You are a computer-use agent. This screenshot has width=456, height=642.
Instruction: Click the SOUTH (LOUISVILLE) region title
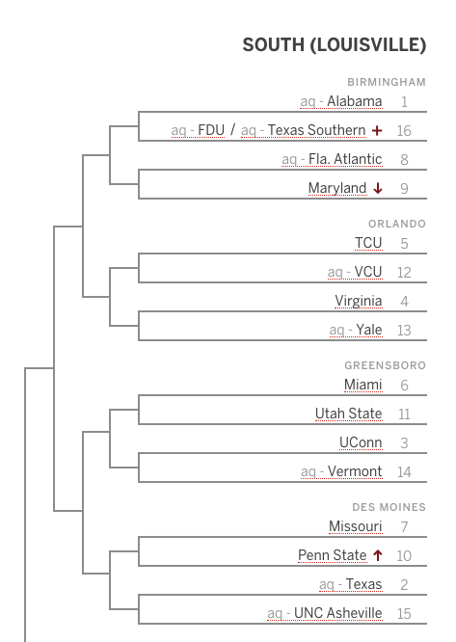[334, 45]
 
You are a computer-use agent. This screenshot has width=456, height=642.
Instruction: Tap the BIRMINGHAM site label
[387, 82]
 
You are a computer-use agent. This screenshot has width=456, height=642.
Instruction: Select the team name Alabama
[355, 101]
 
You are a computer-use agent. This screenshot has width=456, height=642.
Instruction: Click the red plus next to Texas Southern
[377, 130]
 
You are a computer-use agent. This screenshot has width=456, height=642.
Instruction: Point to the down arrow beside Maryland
[378, 188]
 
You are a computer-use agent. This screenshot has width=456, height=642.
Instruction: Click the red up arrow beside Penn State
[378, 555]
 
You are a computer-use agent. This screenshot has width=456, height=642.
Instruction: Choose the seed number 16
[404, 130]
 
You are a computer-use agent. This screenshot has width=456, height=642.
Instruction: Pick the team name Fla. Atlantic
[345, 159]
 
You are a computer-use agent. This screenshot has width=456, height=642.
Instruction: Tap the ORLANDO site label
[397, 224]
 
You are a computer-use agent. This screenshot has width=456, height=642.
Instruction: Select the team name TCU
[368, 243]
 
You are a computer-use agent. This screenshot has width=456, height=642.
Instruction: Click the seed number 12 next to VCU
[404, 272]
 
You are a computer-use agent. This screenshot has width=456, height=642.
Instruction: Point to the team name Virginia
[359, 301]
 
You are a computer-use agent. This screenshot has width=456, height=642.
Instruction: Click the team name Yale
[369, 330]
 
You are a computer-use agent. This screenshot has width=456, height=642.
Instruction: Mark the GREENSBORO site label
[386, 365]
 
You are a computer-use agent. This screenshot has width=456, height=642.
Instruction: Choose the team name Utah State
[349, 414]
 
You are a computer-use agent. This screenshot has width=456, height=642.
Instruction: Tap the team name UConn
[361, 442]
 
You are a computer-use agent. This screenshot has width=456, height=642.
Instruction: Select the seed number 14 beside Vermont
[404, 472]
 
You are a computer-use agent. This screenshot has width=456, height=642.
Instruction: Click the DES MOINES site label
[389, 507]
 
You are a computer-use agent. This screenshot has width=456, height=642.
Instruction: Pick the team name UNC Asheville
[338, 613]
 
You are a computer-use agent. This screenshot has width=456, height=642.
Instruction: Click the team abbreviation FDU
[211, 130]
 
